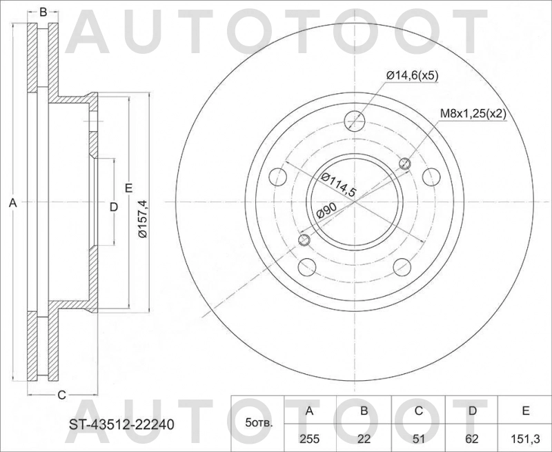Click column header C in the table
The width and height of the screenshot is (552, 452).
[x=418, y=411]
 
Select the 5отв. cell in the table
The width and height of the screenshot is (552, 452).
[x=259, y=423]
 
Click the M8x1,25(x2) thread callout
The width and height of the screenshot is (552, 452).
[x=473, y=115]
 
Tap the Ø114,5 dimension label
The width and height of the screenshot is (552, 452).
[x=337, y=185]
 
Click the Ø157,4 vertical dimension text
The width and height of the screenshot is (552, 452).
[x=142, y=219]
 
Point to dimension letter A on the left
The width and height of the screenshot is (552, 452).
[x=11, y=204]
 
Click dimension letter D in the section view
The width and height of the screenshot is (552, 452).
[x=114, y=206]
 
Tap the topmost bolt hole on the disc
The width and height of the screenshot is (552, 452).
[x=355, y=120]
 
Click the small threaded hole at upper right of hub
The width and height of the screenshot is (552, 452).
[x=405, y=164]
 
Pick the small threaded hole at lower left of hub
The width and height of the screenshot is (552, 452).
[x=304, y=240]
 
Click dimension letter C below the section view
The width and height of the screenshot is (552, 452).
[x=61, y=395]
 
